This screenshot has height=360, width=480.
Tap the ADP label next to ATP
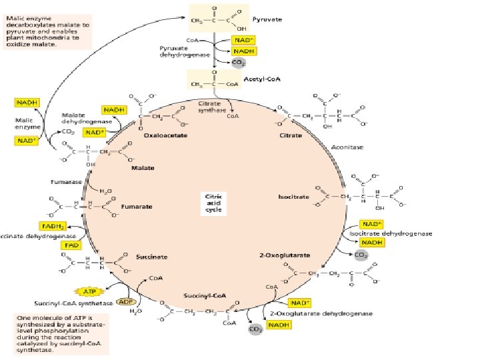[125, 302]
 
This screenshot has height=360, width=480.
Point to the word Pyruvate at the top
[268, 20]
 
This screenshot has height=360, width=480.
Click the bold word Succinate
[134, 257]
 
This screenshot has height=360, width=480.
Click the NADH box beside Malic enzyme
[26, 103]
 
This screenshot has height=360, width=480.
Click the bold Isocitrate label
[293, 197]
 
